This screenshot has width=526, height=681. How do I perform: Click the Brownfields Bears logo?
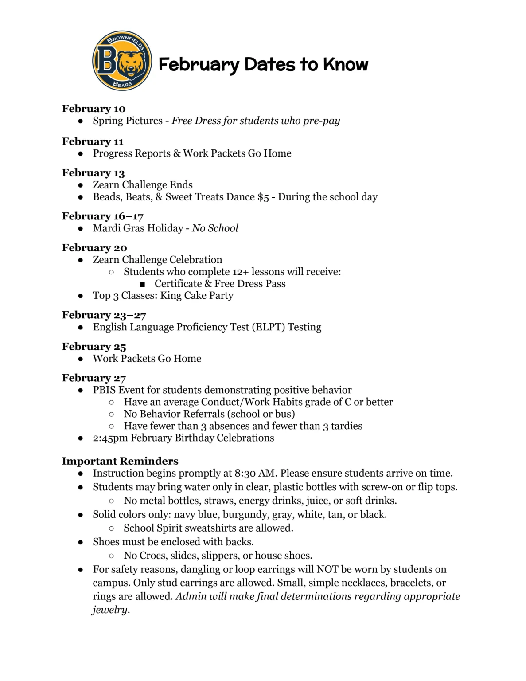(122, 61)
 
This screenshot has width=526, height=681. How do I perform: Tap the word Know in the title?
(346, 65)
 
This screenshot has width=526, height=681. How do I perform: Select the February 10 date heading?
(94, 109)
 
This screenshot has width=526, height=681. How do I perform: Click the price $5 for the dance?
(263, 197)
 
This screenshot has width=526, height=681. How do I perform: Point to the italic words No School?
(215, 228)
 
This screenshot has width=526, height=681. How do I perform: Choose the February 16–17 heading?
(102, 216)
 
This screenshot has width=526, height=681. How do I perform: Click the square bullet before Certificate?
(142, 284)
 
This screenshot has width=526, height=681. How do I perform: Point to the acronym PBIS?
(104, 390)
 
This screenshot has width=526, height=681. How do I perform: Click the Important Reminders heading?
(120, 461)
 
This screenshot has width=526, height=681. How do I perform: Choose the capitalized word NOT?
(327, 569)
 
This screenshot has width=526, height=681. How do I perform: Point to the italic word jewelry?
(110, 610)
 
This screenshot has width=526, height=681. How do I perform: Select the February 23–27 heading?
(104, 315)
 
